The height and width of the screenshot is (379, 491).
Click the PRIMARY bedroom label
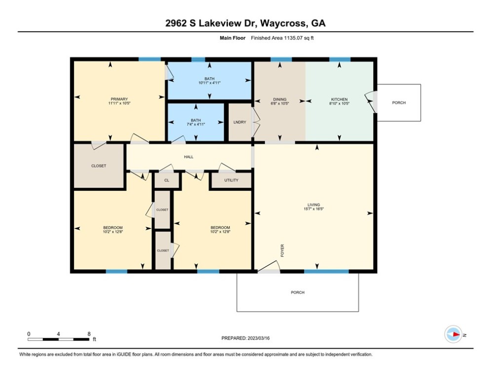point(119,99)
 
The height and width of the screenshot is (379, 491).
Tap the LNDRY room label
point(240,122)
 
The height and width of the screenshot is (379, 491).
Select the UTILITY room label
point(231,180)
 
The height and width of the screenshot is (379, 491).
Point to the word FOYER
point(282,251)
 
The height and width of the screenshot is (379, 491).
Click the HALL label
point(189,156)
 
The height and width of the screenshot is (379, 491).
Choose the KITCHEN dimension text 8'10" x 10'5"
point(340,103)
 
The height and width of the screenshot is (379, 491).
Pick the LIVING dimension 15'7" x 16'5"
point(314,209)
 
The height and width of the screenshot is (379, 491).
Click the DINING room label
point(280,99)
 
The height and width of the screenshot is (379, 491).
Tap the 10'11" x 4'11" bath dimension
point(210,83)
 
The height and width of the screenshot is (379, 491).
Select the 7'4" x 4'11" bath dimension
point(196,124)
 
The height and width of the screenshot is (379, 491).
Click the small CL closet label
point(167,180)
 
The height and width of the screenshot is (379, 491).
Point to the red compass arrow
point(456,335)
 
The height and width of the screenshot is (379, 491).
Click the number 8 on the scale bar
point(89,334)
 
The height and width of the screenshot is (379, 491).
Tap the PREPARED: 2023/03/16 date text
point(246,338)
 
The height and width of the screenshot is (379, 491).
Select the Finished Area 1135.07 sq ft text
point(282,38)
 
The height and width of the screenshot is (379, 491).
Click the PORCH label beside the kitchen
point(399,103)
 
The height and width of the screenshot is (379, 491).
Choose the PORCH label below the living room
point(298,292)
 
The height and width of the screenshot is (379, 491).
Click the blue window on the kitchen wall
point(340,59)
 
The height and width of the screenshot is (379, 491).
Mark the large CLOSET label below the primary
point(99,166)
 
